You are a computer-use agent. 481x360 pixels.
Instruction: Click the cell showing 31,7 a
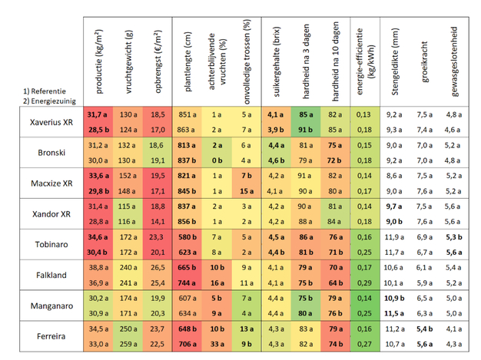tap(97, 114)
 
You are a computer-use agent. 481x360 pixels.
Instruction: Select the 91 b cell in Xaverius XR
tap(305, 129)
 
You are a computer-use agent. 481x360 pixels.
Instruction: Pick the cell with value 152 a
tap(129, 175)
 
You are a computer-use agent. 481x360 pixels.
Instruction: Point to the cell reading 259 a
tap(129, 344)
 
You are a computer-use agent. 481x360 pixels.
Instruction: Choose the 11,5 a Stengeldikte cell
tap(395, 313)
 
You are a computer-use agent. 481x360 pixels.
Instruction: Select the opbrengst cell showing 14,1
tap(157, 221)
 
